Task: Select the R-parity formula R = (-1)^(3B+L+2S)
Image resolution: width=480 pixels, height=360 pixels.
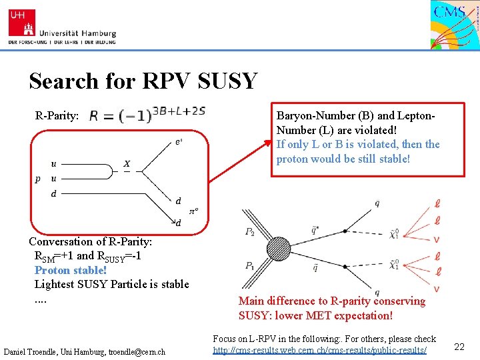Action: coord(147,114)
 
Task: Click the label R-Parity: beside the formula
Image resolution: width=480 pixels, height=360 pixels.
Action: coord(57,115)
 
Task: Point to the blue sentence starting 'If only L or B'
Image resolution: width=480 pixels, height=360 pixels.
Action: coord(358,152)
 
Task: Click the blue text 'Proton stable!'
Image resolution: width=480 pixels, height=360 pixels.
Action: coord(71,270)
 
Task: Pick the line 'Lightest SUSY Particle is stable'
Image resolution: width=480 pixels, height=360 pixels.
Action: coord(111,285)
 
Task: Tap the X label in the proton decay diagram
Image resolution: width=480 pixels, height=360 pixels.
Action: coord(127,163)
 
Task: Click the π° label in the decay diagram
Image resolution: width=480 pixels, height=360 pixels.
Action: coord(194,211)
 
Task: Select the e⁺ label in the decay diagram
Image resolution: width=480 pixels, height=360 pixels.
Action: coord(179,141)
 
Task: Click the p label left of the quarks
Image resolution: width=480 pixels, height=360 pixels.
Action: coord(37,179)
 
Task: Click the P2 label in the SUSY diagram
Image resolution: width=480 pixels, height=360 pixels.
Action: coord(249,232)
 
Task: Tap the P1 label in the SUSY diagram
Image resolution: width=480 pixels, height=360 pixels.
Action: coord(249,265)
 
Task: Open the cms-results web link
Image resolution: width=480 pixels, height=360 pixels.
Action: coord(319,350)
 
